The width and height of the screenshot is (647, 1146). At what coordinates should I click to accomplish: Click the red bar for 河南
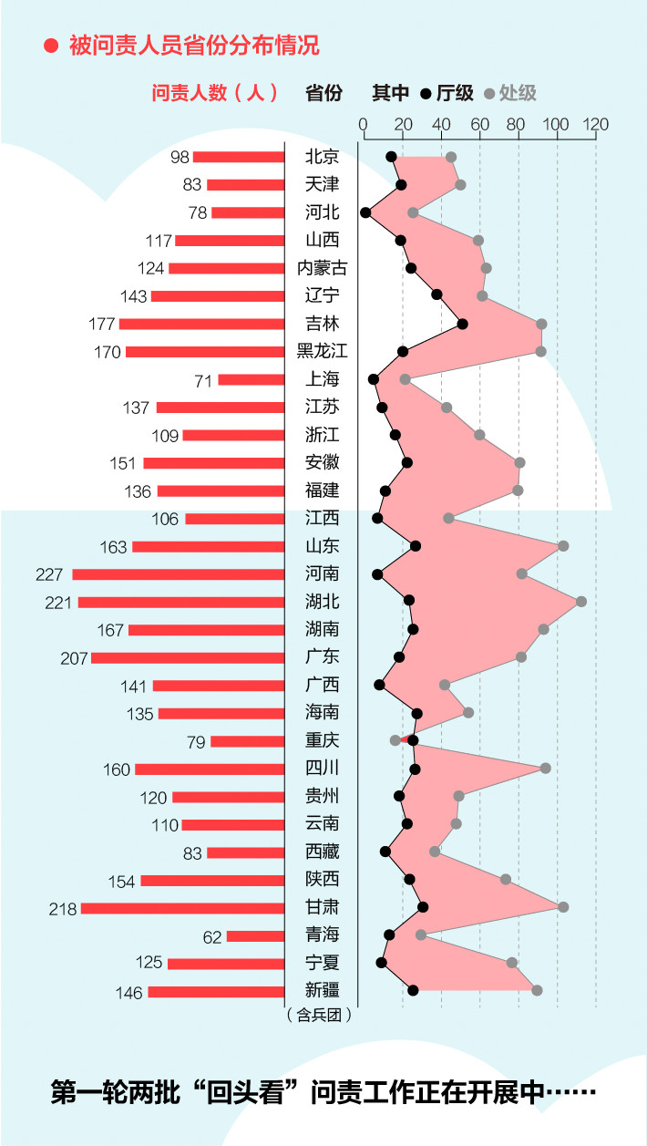point(179,574)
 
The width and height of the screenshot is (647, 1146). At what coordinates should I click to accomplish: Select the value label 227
point(49,574)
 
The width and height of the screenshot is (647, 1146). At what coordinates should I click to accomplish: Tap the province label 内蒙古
point(322,268)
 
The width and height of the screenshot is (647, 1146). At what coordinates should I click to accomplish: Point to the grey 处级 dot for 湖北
point(581,602)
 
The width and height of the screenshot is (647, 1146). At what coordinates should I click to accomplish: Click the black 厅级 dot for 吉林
point(463,324)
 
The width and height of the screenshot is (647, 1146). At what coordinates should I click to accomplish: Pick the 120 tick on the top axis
point(596,125)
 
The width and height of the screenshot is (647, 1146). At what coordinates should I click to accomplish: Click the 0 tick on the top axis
point(363,125)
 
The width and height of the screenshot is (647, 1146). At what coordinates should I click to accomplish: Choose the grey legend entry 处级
point(510,93)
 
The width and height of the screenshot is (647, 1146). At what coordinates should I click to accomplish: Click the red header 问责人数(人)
point(214,93)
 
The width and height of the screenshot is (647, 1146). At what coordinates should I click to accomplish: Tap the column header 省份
point(323,93)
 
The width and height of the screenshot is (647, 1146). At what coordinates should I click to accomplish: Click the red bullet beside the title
point(52,45)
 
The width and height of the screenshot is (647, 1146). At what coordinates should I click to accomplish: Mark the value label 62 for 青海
point(211,935)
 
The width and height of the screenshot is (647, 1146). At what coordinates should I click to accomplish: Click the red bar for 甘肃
point(182,908)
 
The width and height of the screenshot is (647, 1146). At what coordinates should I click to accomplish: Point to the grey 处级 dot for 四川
point(546,768)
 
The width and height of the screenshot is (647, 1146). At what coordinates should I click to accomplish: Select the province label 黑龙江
point(322,352)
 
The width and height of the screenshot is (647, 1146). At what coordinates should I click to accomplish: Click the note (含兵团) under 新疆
point(319,1013)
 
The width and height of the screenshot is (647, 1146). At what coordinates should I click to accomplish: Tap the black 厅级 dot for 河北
point(365,212)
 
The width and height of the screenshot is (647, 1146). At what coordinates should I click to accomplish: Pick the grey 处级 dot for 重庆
point(395,740)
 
